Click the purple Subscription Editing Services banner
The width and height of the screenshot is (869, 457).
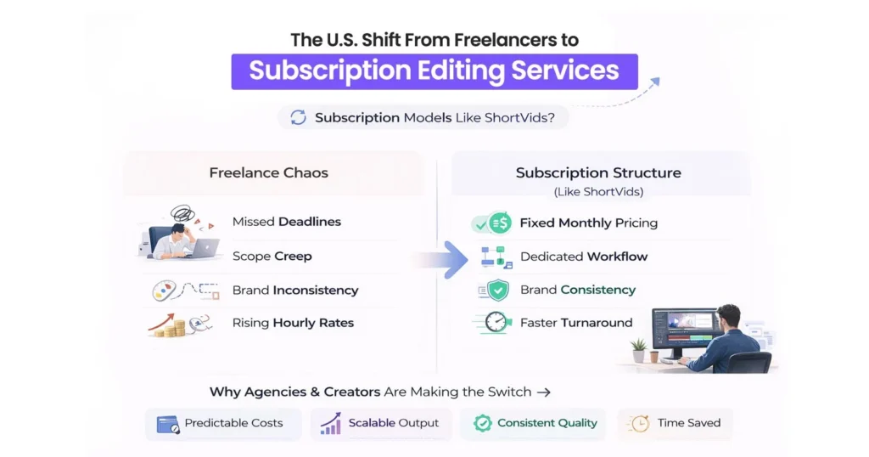click(x=434, y=71)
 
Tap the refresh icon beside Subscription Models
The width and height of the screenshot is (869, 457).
click(x=298, y=118)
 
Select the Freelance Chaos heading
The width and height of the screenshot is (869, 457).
click(x=268, y=173)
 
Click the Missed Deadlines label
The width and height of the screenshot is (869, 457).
click(x=286, y=222)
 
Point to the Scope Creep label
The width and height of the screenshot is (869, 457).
click(x=272, y=256)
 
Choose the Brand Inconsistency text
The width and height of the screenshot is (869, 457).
click(x=294, y=290)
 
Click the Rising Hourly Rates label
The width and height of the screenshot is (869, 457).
click(x=293, y=323)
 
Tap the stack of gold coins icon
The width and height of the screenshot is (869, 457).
click(x=173, y=326)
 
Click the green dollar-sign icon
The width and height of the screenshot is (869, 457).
click(x=500, y=223)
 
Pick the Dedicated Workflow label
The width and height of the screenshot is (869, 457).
click(x=583, y=257)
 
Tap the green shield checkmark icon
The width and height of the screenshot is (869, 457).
click(x=498, y=291)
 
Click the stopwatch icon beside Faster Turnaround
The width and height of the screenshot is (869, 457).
click(x=498, y=323)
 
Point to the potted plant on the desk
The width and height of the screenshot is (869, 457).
click(x=638, y=348)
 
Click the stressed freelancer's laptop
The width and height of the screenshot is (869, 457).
click(x=204, y=248)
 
